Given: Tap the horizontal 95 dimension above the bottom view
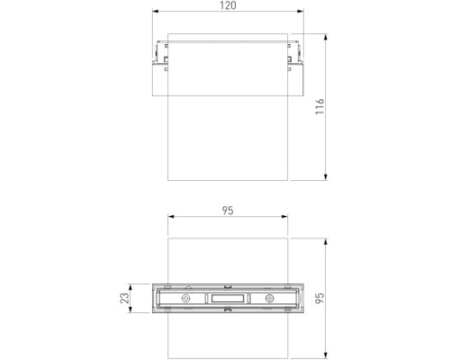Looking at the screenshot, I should coord(227,211).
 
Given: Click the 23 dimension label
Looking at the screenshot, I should coord(125,297).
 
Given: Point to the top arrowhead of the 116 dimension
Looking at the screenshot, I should coord(326,36).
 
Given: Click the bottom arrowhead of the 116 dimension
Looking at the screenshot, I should coord(326,179).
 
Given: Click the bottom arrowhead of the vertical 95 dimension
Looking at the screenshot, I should coord(326,356).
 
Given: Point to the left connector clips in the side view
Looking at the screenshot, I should coord(161,55).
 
